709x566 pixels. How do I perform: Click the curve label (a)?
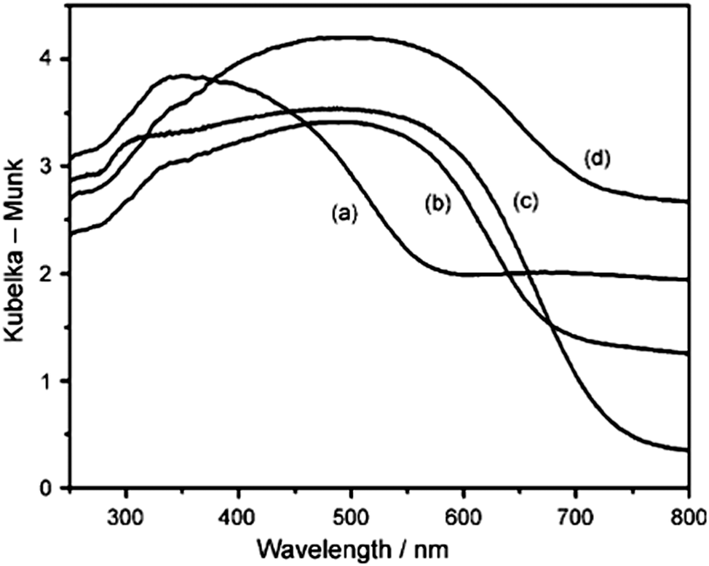tap(343, 214)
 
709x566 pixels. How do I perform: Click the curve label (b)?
tap(438, 204)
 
